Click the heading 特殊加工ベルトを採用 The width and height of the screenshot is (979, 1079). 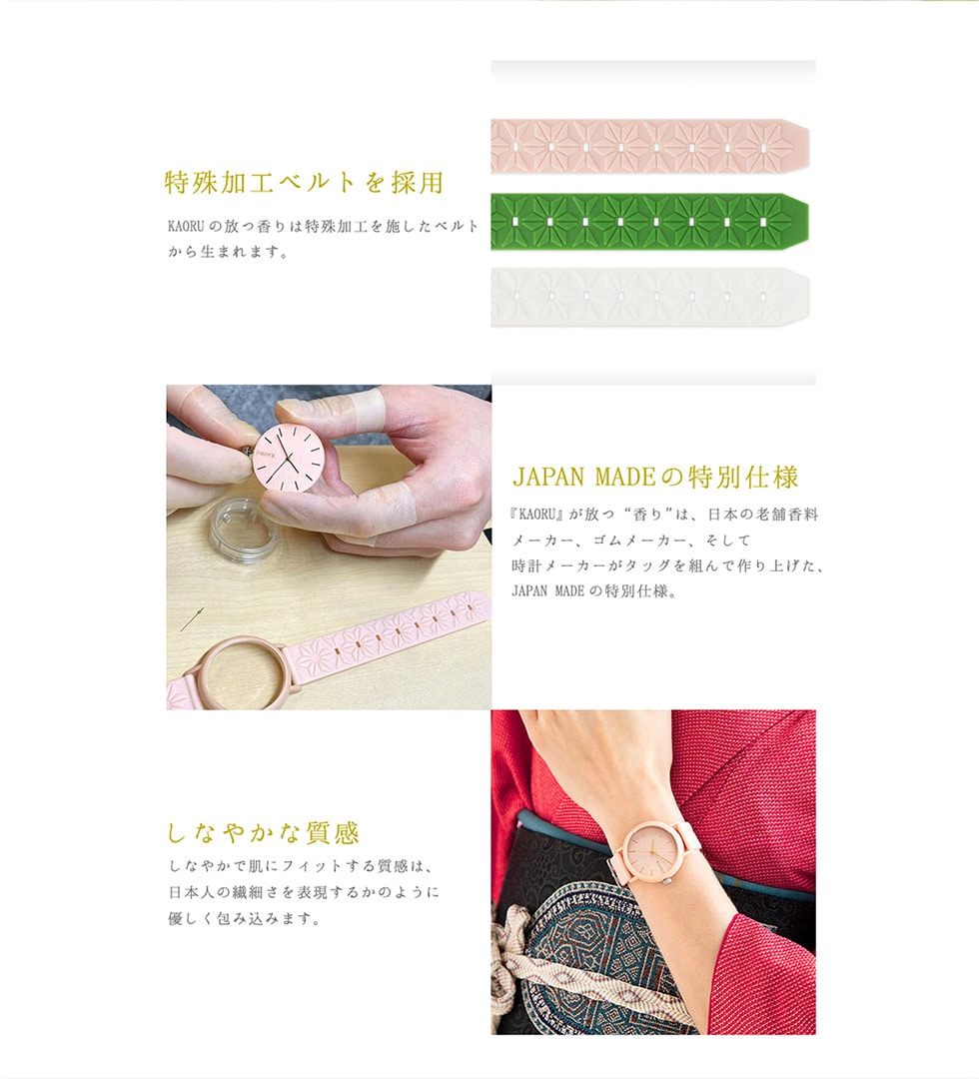pos(304,183)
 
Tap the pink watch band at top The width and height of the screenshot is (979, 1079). pos(650,147)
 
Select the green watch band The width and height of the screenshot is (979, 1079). pos(650,222)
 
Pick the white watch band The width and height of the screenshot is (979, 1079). pos(650,297)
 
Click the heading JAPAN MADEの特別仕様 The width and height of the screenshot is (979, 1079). pos(655,477)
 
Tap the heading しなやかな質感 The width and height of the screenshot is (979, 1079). pos(264,832)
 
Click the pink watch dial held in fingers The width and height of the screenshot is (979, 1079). pos(289,458)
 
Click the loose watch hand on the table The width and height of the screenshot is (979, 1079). pos(193,619)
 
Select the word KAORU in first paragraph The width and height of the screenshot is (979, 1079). pos(186,227)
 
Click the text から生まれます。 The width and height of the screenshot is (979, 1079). pos(229,252)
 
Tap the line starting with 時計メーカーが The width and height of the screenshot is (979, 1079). pos(667,565)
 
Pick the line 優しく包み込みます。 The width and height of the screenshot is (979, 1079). pos(244,918)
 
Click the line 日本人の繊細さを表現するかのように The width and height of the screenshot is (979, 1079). pos(304,892)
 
